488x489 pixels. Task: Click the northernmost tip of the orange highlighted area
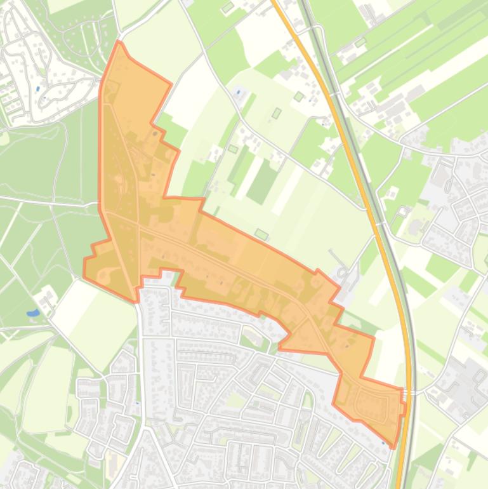(119, 42)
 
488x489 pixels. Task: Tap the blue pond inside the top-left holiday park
(38, 89)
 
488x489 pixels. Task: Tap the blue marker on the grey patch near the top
(239, 92)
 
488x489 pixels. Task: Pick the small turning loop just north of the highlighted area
(343, 273)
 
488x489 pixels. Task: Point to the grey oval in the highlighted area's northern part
(155, 134)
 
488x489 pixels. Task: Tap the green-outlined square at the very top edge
(227, 8)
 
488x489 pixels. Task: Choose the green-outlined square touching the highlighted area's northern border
(261, 234)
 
